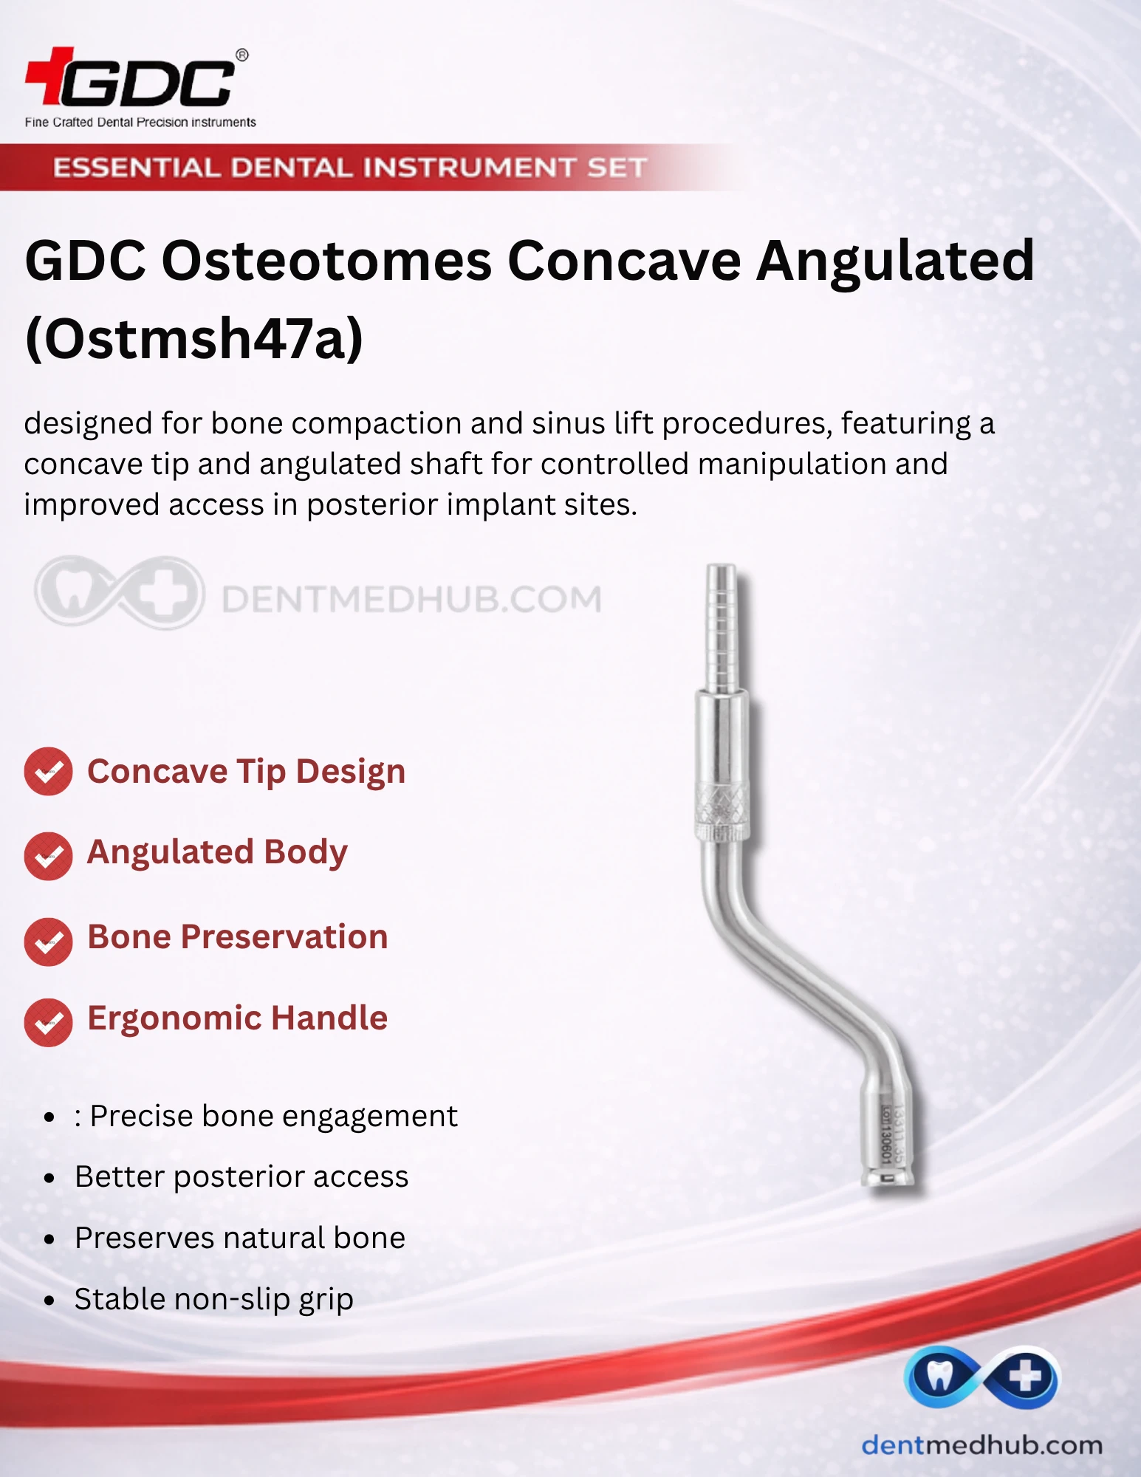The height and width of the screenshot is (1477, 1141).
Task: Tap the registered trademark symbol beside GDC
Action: click(x=241, y=55)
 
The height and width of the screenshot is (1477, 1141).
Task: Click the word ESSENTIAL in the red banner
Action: click(x=137, y=168)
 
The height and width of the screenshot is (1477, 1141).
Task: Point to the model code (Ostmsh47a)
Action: click(x=194, y=338)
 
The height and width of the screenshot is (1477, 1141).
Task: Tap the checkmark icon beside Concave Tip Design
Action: click(x=48, y=772)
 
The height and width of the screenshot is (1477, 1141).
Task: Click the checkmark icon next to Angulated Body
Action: click(x=48, y=856)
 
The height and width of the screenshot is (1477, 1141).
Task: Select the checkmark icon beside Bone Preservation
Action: click(x=48, y=942)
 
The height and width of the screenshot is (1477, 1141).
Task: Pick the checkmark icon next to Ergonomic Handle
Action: click(x=48, y=1022)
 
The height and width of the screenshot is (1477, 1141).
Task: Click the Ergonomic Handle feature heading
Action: click(x=238, y=1018)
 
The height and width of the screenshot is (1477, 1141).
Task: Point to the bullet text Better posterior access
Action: click(x=241, y=1176)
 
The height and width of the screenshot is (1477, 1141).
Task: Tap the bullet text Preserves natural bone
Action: click(x=240, y=1238)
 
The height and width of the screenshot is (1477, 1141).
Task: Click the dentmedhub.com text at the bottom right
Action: click(x=981, y=1445)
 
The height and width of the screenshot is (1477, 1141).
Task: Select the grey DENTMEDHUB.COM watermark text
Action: click(x=412, y=599)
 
